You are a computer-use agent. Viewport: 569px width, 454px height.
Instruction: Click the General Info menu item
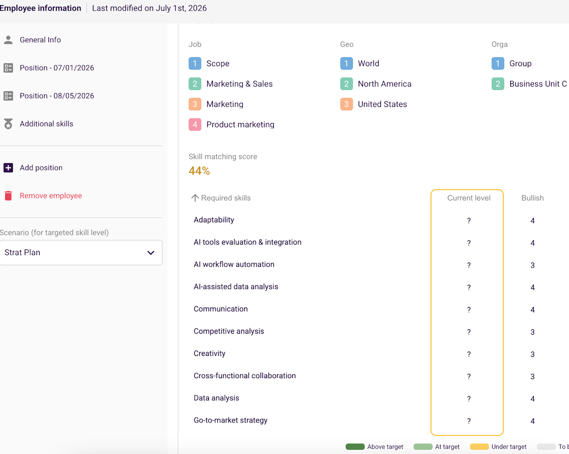coord(40,40)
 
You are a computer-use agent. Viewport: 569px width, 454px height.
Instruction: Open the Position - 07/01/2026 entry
coord(57,68)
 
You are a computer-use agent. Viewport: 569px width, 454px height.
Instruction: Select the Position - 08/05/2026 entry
coord(57,96)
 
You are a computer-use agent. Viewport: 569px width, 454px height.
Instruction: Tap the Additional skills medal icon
coord(8,124)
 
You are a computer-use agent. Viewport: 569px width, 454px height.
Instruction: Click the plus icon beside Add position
coord(8,168)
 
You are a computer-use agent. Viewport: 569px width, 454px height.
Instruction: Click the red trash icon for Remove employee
coord(8,196)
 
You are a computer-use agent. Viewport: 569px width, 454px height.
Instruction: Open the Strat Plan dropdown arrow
coord(151,253)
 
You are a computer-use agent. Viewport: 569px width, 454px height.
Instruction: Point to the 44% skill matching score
coord(199,171)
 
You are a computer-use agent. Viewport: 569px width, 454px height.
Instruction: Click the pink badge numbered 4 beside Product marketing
coord(195,124)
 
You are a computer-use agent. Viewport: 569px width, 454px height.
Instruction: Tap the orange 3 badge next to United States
coord(346,104)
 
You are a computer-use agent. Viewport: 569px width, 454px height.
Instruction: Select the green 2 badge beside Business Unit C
coord(498,84)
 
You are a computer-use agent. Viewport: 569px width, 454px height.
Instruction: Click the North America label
coord(385,84)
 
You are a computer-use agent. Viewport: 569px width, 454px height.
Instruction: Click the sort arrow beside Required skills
coord(195,198)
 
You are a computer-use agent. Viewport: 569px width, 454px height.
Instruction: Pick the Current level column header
coord(469,198)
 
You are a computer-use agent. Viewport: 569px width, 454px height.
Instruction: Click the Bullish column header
coord(533,198)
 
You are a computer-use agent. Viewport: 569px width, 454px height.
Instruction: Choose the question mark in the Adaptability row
coord(469,221)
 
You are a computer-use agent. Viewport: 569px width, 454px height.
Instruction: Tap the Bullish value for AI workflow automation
coord(533,265)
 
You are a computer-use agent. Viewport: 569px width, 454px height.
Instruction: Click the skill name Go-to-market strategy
coord(231,420)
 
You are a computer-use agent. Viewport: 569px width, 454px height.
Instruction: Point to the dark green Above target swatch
coord(355,446)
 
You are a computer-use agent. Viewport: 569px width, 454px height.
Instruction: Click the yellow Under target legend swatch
coord(479,446)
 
